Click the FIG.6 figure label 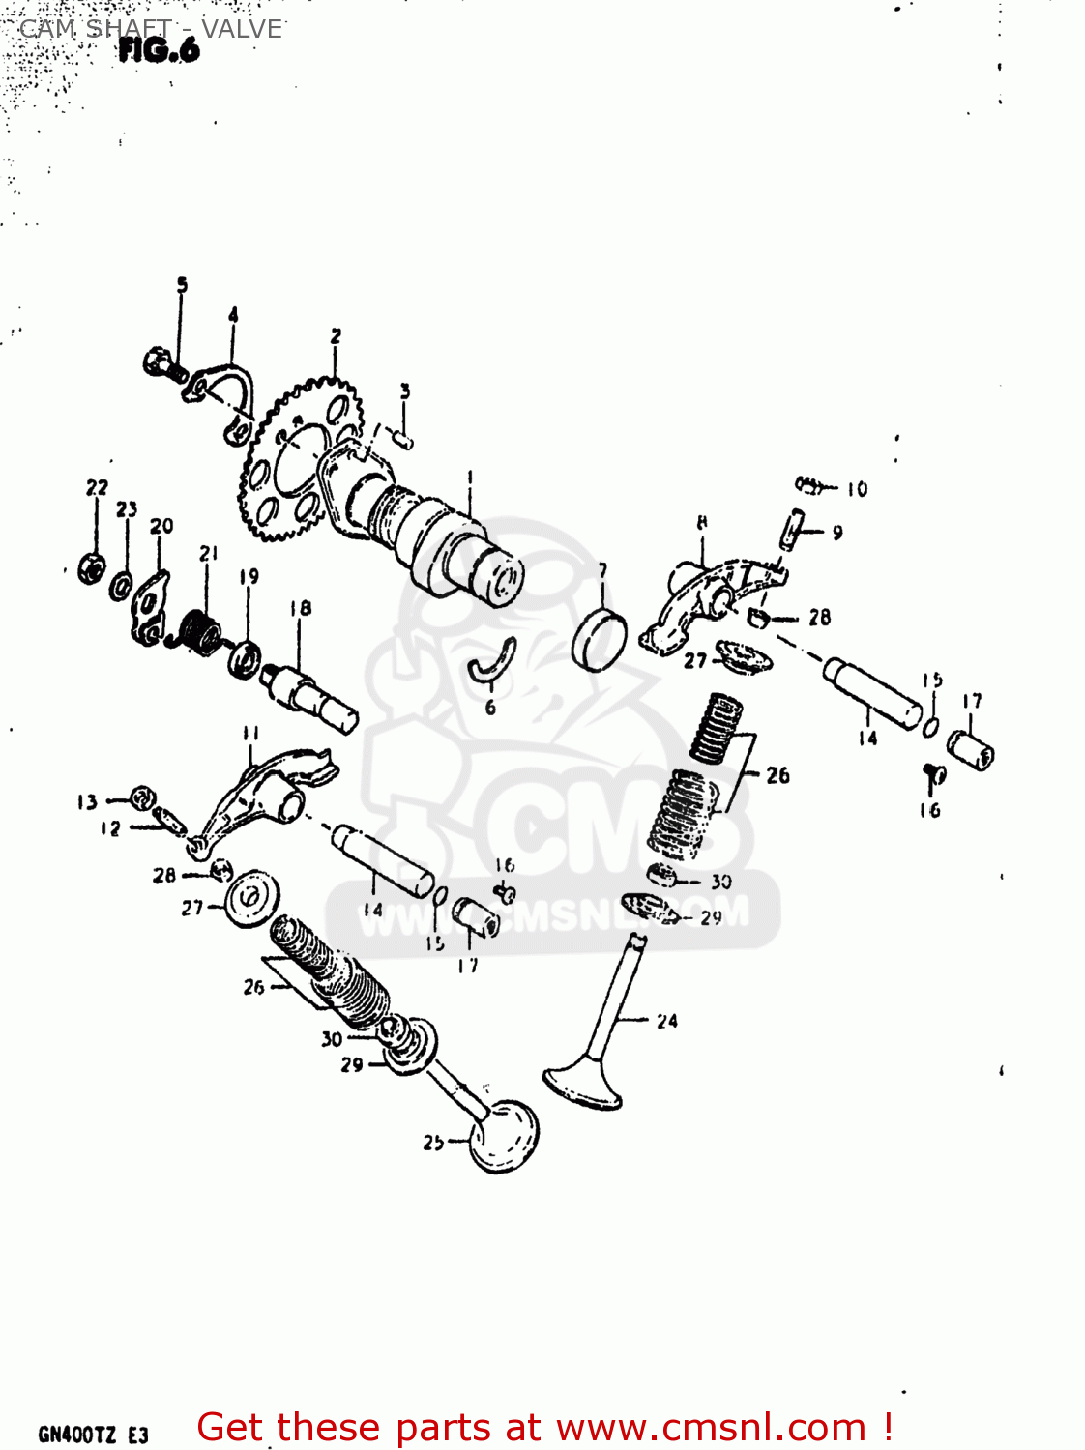pyautogui.click(x=159, y=50)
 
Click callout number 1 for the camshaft pyautogui.click(x=470, y=477)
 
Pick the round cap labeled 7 pyautogui.click(x=599, y=638)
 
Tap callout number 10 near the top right pyautogui.click(x=857, y=489)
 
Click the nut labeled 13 pyautogui.click(x=142, y=797)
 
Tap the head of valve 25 pyautogui.click(x=503, y=1135)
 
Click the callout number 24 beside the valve pyautogui.click(x=666, y=1021)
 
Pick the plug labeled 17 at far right pyautogui.click(x=971, y=749)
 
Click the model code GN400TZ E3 pyautogui.click(x=93, y=1435)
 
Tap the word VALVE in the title pyautogui.click(x=242, y=29)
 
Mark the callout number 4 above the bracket pyautogui.click(x=233, y=315)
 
